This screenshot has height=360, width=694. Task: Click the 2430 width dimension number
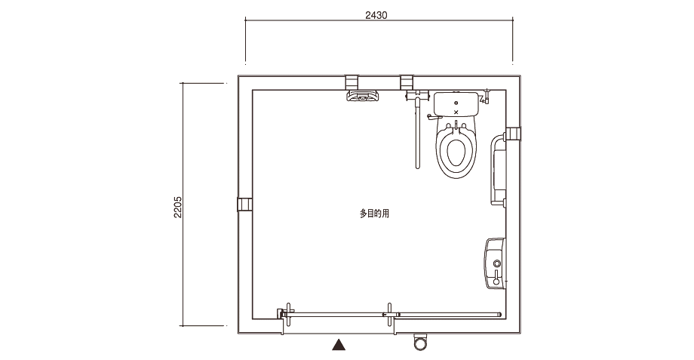coord(376,15)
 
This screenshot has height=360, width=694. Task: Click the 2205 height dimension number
coord(177,207)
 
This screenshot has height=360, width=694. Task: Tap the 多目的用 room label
coord(374,214)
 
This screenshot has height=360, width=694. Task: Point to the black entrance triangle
coord(339,344)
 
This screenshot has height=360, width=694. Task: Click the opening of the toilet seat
coord(456,152)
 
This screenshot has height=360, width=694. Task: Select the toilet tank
coord(456,103)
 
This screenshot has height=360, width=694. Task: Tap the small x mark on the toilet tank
coord(456,112)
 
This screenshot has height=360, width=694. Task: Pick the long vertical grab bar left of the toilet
coord(417,134)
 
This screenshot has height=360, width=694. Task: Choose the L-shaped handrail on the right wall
coord(494,171)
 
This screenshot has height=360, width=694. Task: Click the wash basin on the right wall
coord(495,263)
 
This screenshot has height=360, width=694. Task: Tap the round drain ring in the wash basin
coord(497,263)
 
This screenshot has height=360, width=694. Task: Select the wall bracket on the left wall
coord(244,205)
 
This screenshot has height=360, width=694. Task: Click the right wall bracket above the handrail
coord(514,134)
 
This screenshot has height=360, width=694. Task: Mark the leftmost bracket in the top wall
coord(351,82)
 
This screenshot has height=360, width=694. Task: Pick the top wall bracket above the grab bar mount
coord(407,82)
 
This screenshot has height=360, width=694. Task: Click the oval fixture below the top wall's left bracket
coord(363,96)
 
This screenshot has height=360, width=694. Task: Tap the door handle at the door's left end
coord(289,315)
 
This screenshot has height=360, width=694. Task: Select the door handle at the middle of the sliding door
coord(389,315)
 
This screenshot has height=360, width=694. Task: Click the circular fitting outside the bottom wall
coord(419,341)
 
